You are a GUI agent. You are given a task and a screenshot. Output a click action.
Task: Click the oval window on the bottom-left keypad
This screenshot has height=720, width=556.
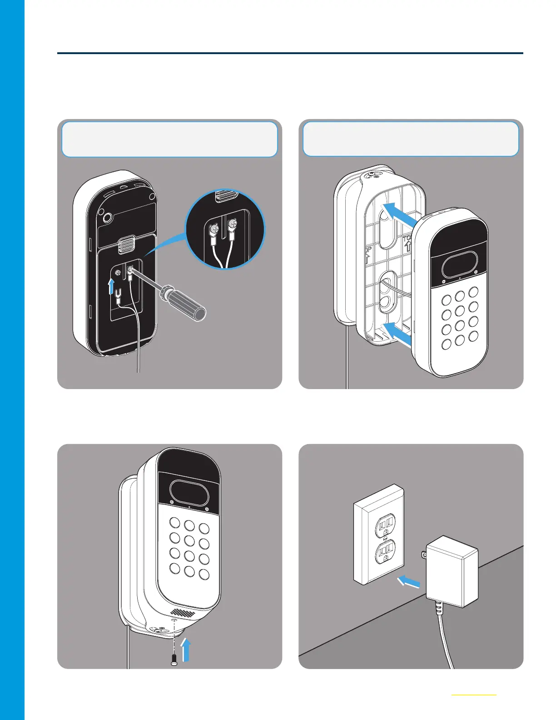pos(188,492)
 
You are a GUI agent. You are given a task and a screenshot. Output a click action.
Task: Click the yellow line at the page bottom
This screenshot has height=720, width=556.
pos(474,695)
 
